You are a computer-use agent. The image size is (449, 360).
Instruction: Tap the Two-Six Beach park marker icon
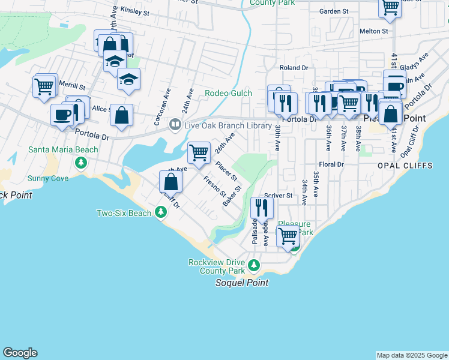tap(160, 212)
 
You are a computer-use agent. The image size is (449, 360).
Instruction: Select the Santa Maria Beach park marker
tap(81, 163)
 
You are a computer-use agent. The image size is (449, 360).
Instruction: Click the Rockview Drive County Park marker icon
tap(254, 265)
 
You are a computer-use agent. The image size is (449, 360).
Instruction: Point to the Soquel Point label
tap(242, 283)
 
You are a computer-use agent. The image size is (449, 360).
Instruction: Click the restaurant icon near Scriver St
tap(262, 207)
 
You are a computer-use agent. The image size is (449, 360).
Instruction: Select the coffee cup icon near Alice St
tap(61, 114)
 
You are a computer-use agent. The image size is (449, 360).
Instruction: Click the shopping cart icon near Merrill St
tap(44, 86)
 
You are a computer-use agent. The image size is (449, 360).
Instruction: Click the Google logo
tap(20, 353)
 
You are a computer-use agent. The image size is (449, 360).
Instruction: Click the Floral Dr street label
tap(331, 164)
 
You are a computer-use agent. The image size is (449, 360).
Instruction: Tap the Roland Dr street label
tap(294, 68)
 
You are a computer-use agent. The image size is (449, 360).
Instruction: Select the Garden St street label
tap(334, 11)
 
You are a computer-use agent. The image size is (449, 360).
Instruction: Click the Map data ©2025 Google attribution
tap(411, 355)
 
